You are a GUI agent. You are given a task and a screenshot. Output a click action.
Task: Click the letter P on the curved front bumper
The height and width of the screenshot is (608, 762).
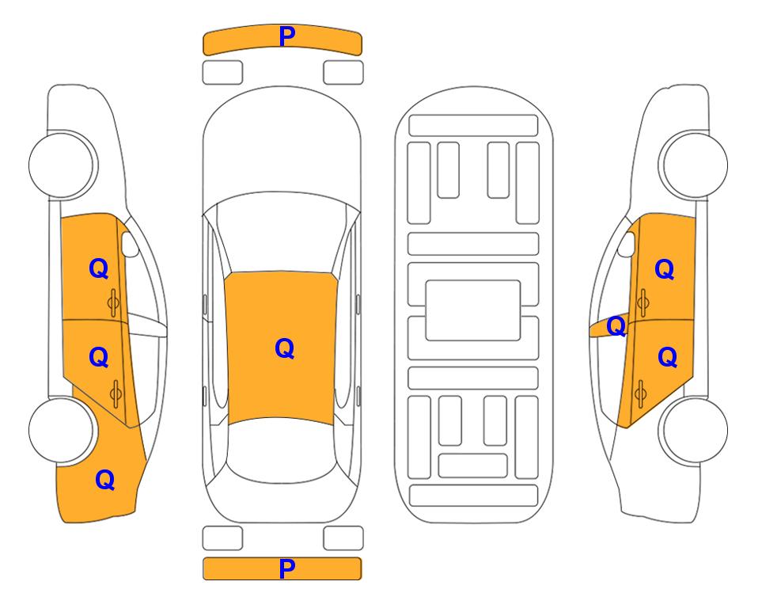click(x=287, y=36)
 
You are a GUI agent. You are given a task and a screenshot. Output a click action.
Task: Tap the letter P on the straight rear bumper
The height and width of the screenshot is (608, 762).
click(x=287, y=568)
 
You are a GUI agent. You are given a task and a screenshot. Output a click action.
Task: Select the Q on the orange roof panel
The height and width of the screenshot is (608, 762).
click(x=284, y=348)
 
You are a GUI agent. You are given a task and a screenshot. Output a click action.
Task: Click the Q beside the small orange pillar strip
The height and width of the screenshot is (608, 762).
click(x=616, y=326)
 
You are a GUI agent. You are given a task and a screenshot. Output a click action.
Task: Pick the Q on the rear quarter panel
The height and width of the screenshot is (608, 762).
click(x=105, y=480)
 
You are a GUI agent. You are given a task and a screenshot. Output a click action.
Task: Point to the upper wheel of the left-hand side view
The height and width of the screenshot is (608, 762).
click(x=62, y=165)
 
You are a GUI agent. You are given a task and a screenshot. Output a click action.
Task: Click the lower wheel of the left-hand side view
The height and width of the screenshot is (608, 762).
click(x=62, y=430)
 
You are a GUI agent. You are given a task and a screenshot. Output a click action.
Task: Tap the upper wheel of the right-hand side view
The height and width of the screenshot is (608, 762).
click(x=695, y=165)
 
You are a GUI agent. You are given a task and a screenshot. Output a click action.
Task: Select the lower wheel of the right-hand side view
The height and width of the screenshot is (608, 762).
click(x=695, y=430)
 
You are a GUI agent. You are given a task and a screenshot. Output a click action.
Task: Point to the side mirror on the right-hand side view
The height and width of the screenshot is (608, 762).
click(x=627, y=244)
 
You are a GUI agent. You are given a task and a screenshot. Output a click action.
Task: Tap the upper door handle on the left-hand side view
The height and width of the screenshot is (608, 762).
click(x=114, y=303)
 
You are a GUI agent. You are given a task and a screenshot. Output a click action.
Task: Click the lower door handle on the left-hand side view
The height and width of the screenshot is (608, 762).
click(x=116, y=393)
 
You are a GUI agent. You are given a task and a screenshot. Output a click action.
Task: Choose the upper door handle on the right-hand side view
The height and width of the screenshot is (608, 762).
click(x=643, y=303)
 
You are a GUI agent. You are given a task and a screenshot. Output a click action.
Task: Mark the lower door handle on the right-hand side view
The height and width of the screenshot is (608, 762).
click(x=641, y=393)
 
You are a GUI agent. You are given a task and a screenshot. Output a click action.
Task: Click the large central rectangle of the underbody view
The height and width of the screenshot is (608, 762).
click(x=473, y=310)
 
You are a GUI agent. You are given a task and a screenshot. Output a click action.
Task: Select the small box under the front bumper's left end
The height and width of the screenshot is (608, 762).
click(x=222, y=73)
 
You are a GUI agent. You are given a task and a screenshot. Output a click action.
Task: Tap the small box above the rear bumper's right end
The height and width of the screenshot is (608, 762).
click(x=343, y=538)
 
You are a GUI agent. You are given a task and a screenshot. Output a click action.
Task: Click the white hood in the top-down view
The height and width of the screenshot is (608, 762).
click(x=282, y=141)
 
